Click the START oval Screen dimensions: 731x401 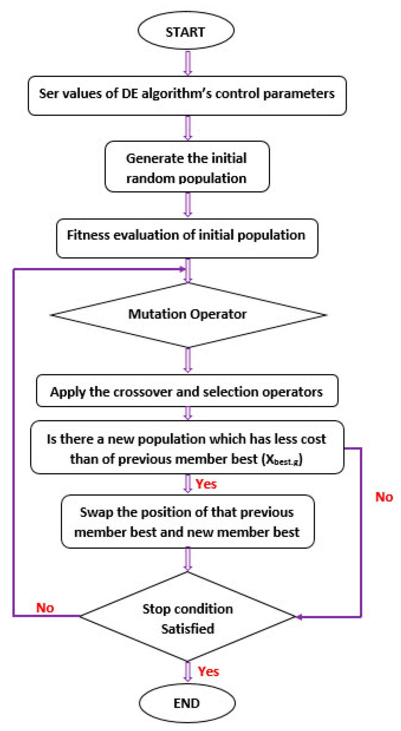(186, 31)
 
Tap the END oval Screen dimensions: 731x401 (187, 703)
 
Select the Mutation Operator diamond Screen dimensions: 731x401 (188, 314)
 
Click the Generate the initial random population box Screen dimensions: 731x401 (187, 167)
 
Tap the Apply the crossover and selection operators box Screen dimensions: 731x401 (187, 391)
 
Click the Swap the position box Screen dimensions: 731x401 (187, 522)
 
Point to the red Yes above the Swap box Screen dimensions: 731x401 (206, 484)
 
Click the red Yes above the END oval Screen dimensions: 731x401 (208, 671)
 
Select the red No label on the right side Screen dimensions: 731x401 (384, 497)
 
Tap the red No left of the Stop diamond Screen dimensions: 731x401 (45, 608)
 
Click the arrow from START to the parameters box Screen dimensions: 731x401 (188, 63)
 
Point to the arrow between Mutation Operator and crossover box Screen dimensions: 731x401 (188, 360)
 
